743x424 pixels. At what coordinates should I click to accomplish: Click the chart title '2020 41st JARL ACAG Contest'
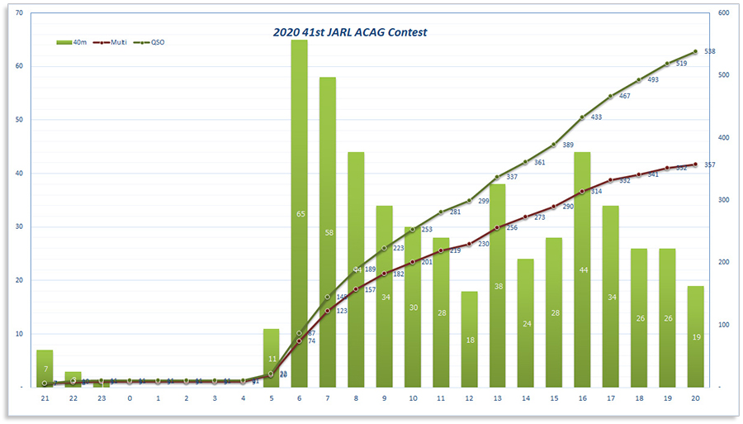(350, 32)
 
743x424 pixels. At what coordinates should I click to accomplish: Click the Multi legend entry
(109, 41)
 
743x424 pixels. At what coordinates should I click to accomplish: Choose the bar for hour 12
(469, 339)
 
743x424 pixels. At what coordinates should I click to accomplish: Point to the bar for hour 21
(45, 369)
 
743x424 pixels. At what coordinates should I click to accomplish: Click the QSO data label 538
(709, 51)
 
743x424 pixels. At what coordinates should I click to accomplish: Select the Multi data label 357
(709, 164)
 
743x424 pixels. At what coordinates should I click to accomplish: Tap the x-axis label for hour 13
(497, 398)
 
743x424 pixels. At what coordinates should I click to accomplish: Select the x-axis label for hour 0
(130, 398)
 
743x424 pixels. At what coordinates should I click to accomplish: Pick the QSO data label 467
(624, 97)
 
